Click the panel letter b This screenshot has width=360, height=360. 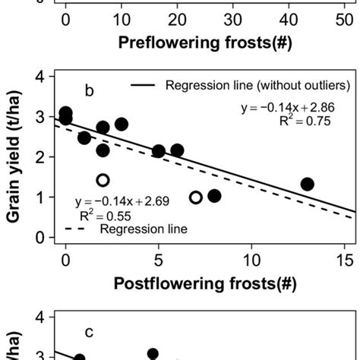pyautogui.click(x=89, y=92)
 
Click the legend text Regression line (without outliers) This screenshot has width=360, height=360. pyautogui.click(x=249, y=85)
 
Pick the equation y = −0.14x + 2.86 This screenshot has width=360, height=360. pyautogui.click(x=285, y=109)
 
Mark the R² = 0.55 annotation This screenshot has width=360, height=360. pyautogui.click(x=112, y=214)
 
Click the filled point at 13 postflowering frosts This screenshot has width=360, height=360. pyautogui.click(x=307, y=185)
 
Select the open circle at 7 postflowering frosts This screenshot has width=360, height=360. pyautogui.click(x=196, y=197)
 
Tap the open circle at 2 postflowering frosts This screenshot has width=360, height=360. pyautogui.click(x=103, y=180)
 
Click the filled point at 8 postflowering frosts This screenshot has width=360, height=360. pyautogui.click(x=214, y=196)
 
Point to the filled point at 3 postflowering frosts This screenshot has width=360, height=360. pyautogui.click(x=122, y=125)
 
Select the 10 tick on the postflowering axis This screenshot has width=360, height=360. pyautogui.click(x=251, y=258)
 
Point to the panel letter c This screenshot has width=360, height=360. pyautogui.click(x=89, y=332)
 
